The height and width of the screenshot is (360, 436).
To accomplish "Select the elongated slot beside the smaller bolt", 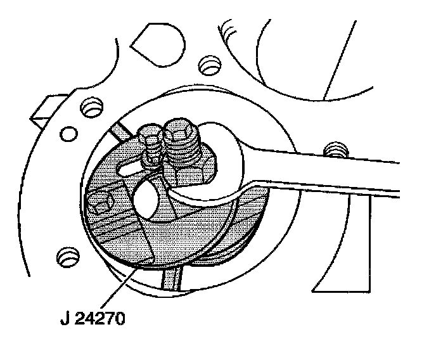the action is tap(129, 168).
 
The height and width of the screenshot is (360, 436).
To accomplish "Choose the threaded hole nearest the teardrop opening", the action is tap(207, 64).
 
